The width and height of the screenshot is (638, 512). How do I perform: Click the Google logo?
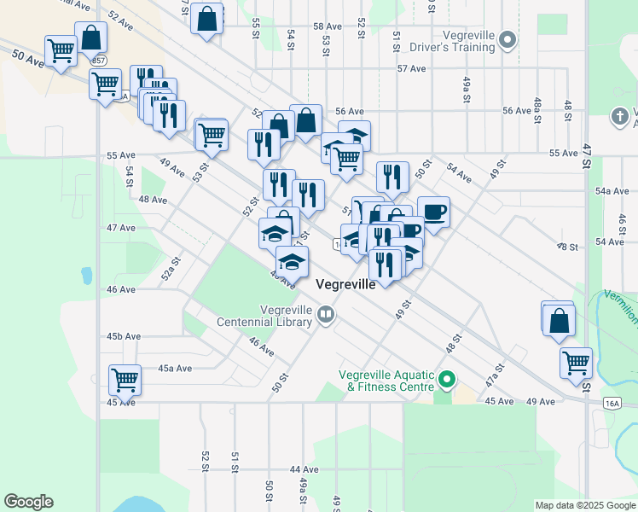(28, 502)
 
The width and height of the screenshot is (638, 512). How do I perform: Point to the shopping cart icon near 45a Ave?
(125, 379)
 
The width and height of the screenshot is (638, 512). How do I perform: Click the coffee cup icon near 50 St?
(434, 211)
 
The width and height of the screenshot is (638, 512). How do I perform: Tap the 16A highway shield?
(611, 403)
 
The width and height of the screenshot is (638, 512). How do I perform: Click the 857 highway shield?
(101, 61)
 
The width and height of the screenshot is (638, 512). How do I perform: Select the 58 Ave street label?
(327, 26)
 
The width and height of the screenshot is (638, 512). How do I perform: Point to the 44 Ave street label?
(303, 470)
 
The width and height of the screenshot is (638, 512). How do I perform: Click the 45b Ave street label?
(123, 337)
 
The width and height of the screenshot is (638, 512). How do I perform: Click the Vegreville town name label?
(345, 285)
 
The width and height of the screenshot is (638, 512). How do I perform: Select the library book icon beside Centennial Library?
(325, 316)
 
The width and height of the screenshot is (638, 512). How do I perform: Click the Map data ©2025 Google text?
(584, 505)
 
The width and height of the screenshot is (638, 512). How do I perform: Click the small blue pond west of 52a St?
(86, 276)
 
